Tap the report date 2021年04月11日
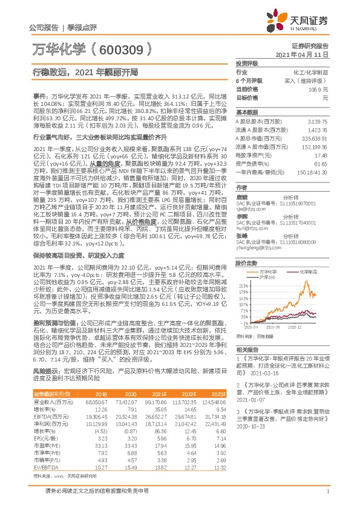(306, 54)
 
